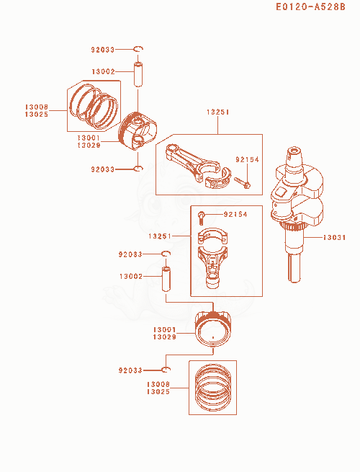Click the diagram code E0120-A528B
coord(310,6)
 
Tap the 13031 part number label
coord(334,238)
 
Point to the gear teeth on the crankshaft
coord(292,227)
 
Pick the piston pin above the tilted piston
coord(138,74)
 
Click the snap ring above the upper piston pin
coord(138,49)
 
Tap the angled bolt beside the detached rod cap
coord(243,183)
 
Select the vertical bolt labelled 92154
coord(201,218)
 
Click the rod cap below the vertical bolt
coord(212,236)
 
